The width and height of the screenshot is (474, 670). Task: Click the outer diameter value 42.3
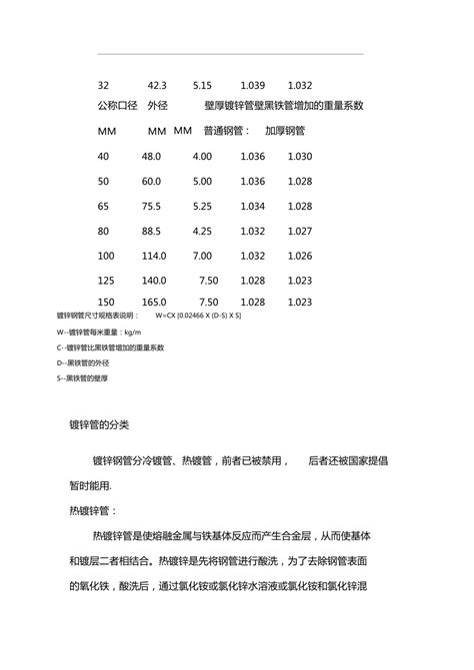click(158, 87)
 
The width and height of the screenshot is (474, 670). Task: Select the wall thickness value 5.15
click(203, 87)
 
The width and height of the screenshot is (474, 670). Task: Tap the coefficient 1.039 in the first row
click(253, 87)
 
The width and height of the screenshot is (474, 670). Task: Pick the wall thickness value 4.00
click(203, 157)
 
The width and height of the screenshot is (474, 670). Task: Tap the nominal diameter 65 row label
click(104, 206)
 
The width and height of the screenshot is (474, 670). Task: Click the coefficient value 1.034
click(253, 206)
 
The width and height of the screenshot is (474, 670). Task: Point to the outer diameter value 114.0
click(154, 256)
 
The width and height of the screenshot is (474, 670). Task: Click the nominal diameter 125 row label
click(107, 281)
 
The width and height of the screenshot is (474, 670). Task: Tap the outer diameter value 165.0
click(154, 302)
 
